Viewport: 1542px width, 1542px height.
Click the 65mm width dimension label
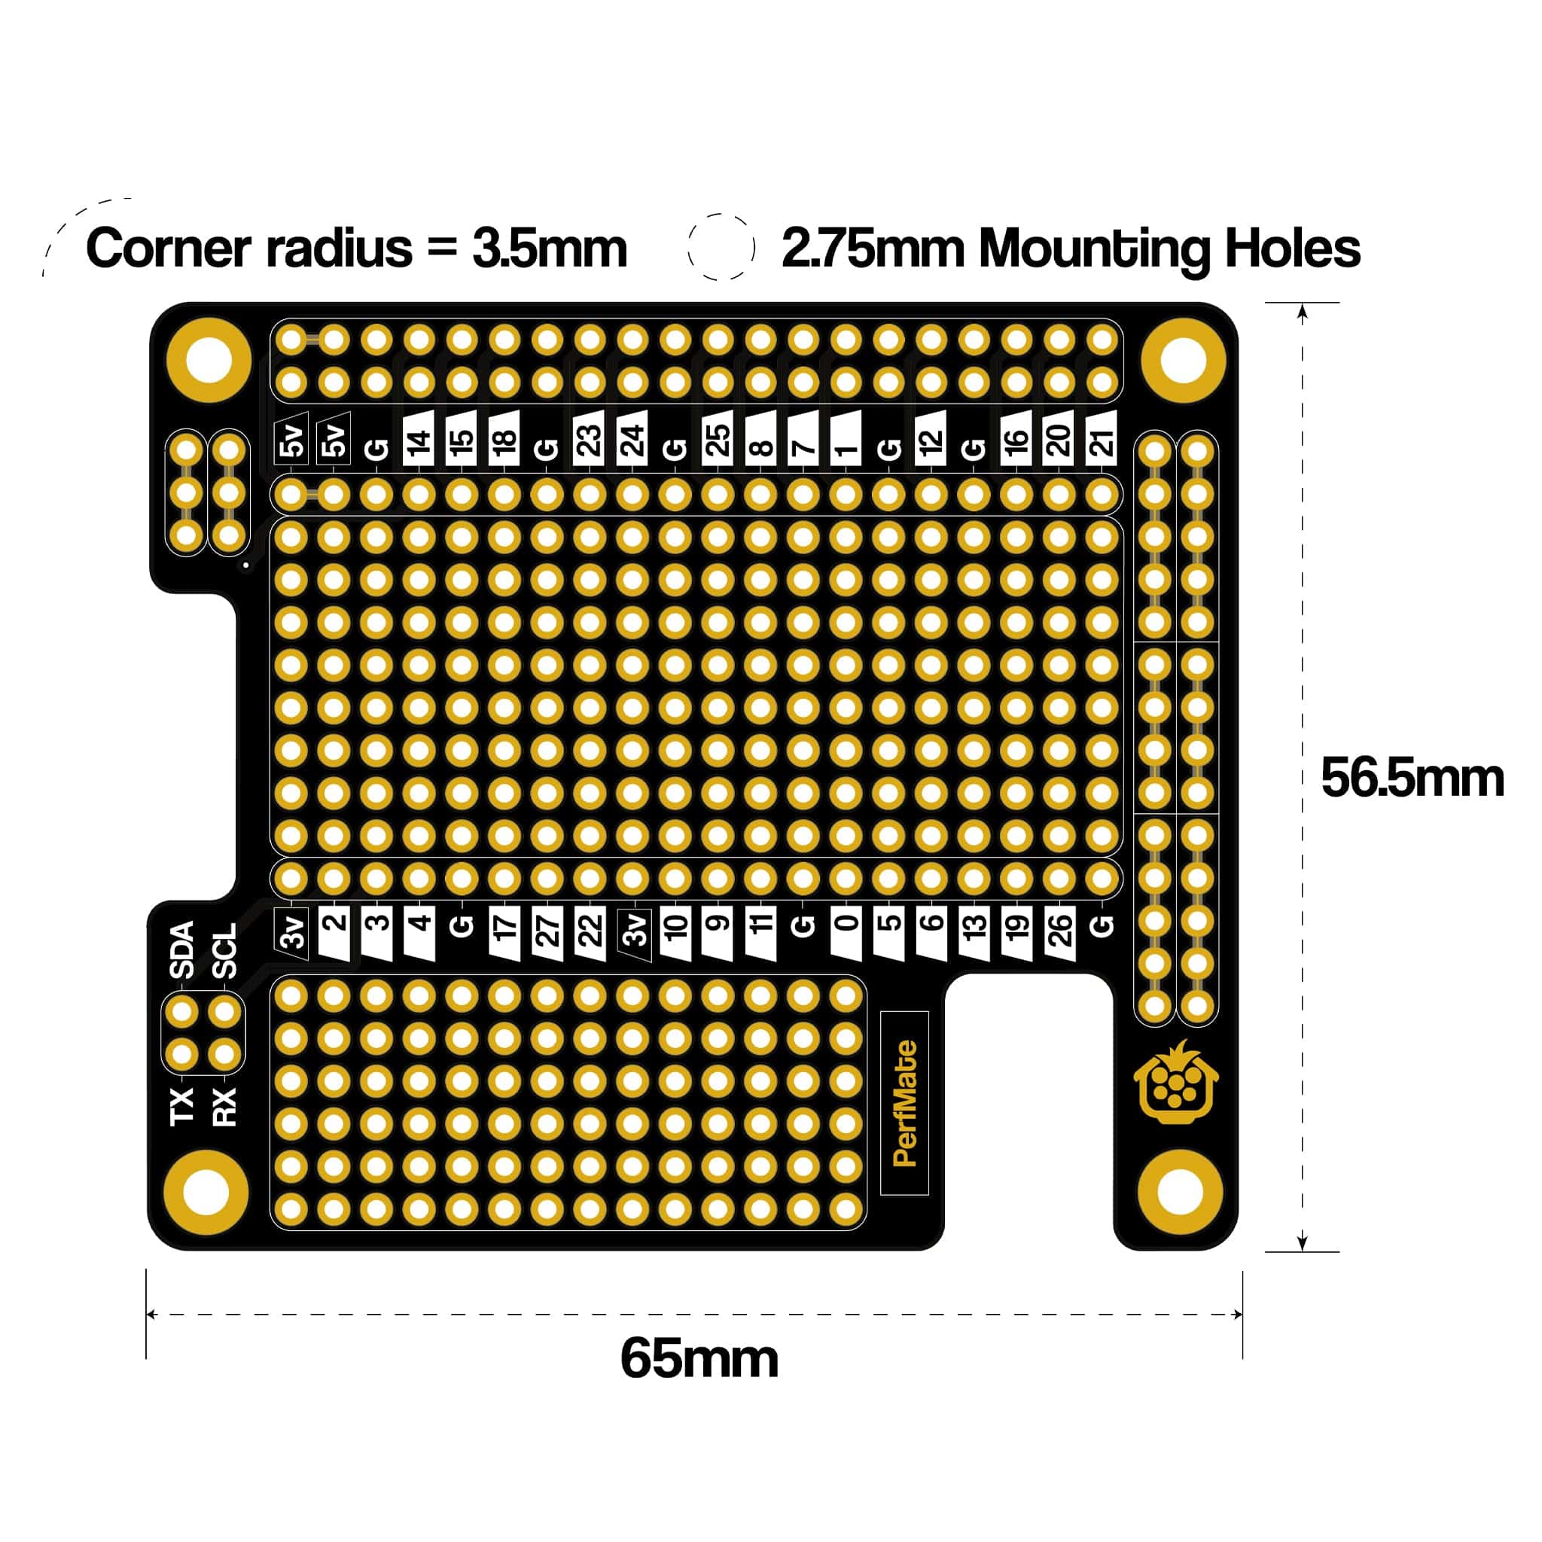(699, 1358)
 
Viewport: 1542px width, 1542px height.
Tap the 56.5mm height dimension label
(1411, 779)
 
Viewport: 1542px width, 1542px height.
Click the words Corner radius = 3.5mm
(356, 248)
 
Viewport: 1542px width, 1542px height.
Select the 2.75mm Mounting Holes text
(1071, 248)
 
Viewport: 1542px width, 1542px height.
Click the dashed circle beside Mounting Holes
(721, 247)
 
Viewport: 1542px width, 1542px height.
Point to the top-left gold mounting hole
(209, 359)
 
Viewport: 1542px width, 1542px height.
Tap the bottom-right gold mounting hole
(1179, 1193)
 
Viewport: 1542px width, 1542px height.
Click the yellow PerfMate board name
(904, 1103)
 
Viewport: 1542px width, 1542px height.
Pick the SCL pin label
(226, 952)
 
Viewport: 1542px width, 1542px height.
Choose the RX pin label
(226, 1107)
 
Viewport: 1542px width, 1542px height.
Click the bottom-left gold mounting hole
(206, 1193)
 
